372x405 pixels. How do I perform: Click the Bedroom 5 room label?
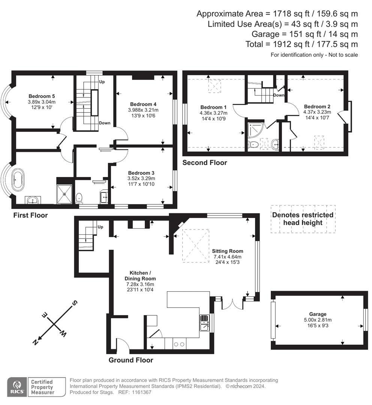pyautogui.click(x=42, y=96)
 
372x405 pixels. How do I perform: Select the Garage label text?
pyautogui.click(x=318, y=314)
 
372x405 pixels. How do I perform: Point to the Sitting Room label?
pyautogui.click(x=227, y=251)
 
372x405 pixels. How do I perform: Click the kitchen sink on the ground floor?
pyautogui.click(x=205, y=322)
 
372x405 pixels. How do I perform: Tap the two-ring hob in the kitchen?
pyautogui.click(x=179, y=344)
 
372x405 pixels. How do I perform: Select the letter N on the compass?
pyautogui.click(x=36, y=342)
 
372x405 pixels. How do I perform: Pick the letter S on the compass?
pyautogui.click(x=74, y=303)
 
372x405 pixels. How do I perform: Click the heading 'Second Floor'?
pyautogui.click(x=205, y=162)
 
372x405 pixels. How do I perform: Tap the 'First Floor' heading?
pyautogui.click(x=30, y=215)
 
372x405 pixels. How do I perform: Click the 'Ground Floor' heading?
pyautogui.click(x=131, y=360)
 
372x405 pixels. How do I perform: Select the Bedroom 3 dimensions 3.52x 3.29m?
pyautogui.click(x=141, y=178)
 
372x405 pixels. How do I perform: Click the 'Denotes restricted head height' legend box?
pyautogui.click(x=303, y=219)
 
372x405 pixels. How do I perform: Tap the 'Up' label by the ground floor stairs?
pyautogui.click(x=100, y=227)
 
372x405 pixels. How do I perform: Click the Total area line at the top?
pyautogui.click(x=302, y=44)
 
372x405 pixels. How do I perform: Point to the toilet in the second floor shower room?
pyautogui.click(x=253, y=144)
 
